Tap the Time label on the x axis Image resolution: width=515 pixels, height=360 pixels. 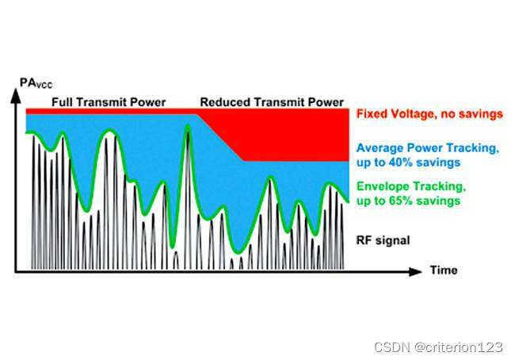click(444, 270)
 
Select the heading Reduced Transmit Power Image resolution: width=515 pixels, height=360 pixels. click(272, 102)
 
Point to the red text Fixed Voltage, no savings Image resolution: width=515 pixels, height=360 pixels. click(429, 113)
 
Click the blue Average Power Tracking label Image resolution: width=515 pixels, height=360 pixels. click(428, 155)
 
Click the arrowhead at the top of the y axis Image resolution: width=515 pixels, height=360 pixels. click(16, 94)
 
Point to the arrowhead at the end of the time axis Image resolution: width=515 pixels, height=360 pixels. click(417, 271)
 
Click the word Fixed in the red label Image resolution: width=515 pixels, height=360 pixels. click(372, 113)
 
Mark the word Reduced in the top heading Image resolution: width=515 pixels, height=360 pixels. click(223, 102)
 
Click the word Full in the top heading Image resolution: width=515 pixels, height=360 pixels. click(63, 102)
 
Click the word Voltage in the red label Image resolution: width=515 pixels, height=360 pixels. click(413, 113)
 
